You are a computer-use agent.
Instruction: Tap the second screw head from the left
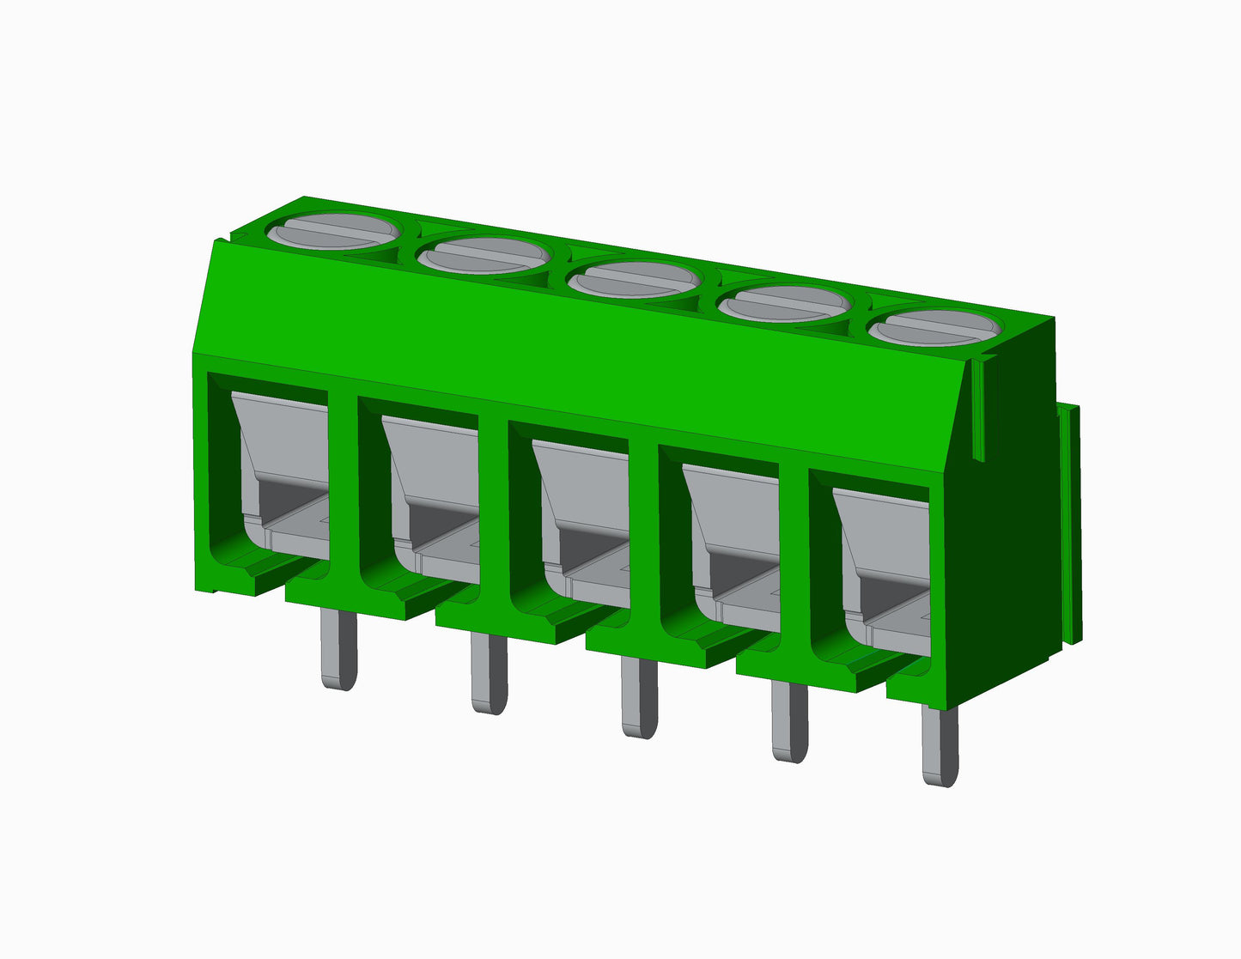coord(484,255)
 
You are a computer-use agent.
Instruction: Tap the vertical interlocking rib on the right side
coord(1070,524)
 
